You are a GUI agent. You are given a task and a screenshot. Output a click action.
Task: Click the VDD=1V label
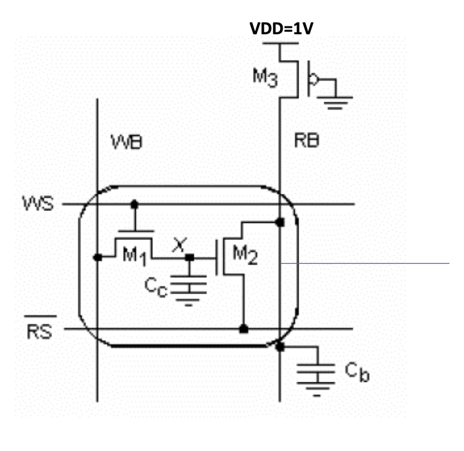pos(285,29)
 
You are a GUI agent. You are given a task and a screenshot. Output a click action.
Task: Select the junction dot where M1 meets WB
pos(98,257)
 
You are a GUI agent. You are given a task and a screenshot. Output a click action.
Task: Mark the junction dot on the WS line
pos(134,204)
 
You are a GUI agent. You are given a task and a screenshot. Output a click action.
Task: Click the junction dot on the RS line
pos(243,328)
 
